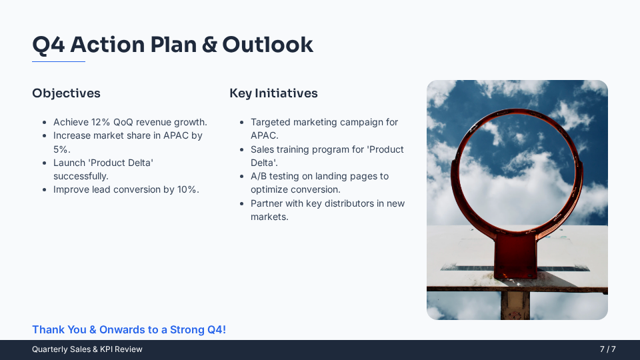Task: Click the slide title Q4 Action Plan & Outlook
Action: [173, 45]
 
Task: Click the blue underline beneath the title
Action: [59, 61]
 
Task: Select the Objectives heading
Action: [66, 93]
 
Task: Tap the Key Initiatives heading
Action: [273, 93]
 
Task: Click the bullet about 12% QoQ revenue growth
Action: [130, 122]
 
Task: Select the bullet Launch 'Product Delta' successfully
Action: [103, 169]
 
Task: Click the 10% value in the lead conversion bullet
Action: [188, 189]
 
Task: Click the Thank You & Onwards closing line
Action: [129, 330]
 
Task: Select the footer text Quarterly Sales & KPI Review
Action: [87, 349]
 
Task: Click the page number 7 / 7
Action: [607, 349]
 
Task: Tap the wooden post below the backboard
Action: [515, 305]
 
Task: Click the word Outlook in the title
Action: [267, 45]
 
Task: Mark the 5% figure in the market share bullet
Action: [61, 149]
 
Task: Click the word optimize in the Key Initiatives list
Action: [269, 189]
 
